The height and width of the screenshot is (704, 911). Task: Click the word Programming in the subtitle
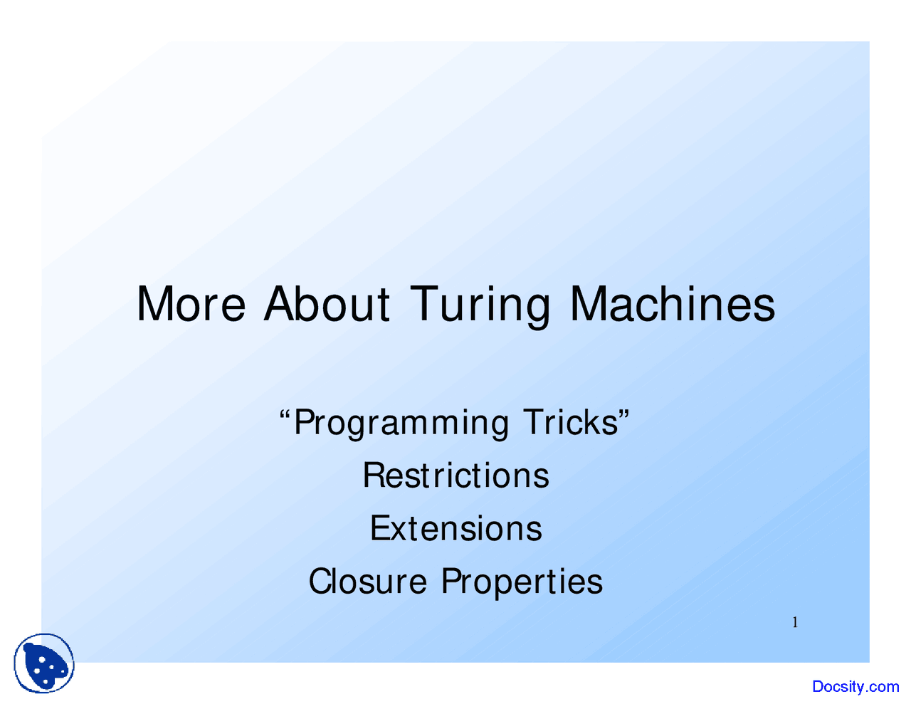pos(401,425)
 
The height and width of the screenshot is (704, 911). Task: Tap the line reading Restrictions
pos(455,475)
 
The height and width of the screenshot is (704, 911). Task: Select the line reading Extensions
pos(455,528)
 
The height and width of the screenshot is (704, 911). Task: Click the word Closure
pos(368,581)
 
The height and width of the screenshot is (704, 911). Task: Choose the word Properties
pos(522,583)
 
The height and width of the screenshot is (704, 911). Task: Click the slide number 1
pos(795,623)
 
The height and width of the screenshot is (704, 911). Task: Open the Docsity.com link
pos(855,686)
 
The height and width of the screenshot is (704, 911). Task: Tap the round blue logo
pos(44,663)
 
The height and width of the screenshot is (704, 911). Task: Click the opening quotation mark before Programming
pos(285,414)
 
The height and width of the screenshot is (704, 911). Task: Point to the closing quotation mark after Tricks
pos(624,413)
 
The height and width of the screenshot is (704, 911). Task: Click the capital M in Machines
pos(588,304)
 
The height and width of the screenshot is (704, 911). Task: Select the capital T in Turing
pos(424,304)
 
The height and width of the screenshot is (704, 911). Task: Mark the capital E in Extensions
pos(380,528)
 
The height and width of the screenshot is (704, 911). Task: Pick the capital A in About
pos(281,304)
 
